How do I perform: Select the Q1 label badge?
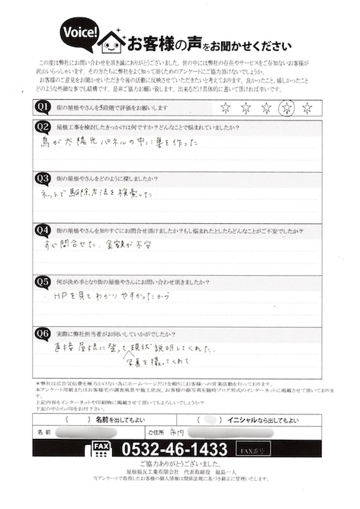click(x=43, y=107)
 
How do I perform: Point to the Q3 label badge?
click(x=43, y=178)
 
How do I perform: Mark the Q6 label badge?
click(x=43, y=333)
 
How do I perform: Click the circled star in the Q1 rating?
click(x=286, y=107)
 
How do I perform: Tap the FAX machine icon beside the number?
click(x=102, y=450)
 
